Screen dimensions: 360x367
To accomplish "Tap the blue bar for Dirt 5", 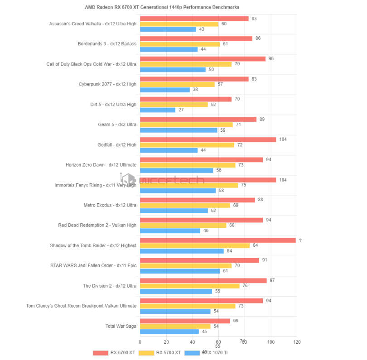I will coord(158,110).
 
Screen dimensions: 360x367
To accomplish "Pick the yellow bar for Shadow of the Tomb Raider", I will coord(195,245).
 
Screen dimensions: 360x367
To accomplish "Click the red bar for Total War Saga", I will coord(185,321).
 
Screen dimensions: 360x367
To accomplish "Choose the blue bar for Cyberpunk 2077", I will coord(165,90).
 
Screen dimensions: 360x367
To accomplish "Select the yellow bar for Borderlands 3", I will coord(180,44).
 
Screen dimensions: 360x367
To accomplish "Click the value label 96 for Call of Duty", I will coord(271,58).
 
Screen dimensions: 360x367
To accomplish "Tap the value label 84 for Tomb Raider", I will coord(256,245).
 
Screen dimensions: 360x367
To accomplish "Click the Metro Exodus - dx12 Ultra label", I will coord(110,205).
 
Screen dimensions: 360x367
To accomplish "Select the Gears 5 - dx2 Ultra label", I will coord(117,125).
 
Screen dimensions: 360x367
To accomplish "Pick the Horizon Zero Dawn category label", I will coord(101,165).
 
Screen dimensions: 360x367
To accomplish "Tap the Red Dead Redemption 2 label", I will coord(97,225).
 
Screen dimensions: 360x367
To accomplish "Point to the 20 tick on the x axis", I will coord(166,342).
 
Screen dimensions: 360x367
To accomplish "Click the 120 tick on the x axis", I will coord(297,342).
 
